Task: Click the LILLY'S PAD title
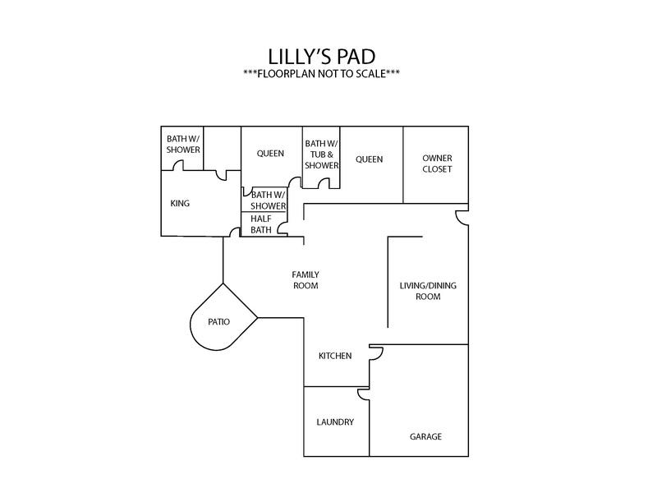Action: click(321, 57)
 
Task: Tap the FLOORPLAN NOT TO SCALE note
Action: click(321, 74)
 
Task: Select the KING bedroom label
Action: click(180, 203)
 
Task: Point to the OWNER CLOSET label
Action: click(437, 164)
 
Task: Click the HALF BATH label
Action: click(261, 224)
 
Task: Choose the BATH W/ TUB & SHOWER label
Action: click(321, 154)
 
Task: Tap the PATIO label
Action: click(218, 321)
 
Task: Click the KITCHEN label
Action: click(335, 356)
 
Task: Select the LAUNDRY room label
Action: click(335, 422)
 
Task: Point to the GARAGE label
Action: click(425, 436)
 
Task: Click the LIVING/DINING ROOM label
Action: click(428, 291)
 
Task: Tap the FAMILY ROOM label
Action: click(306, 280)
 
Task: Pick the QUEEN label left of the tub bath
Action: click(270, 154)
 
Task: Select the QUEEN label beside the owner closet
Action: click(369, 159)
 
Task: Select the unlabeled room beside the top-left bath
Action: click(222, 148)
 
